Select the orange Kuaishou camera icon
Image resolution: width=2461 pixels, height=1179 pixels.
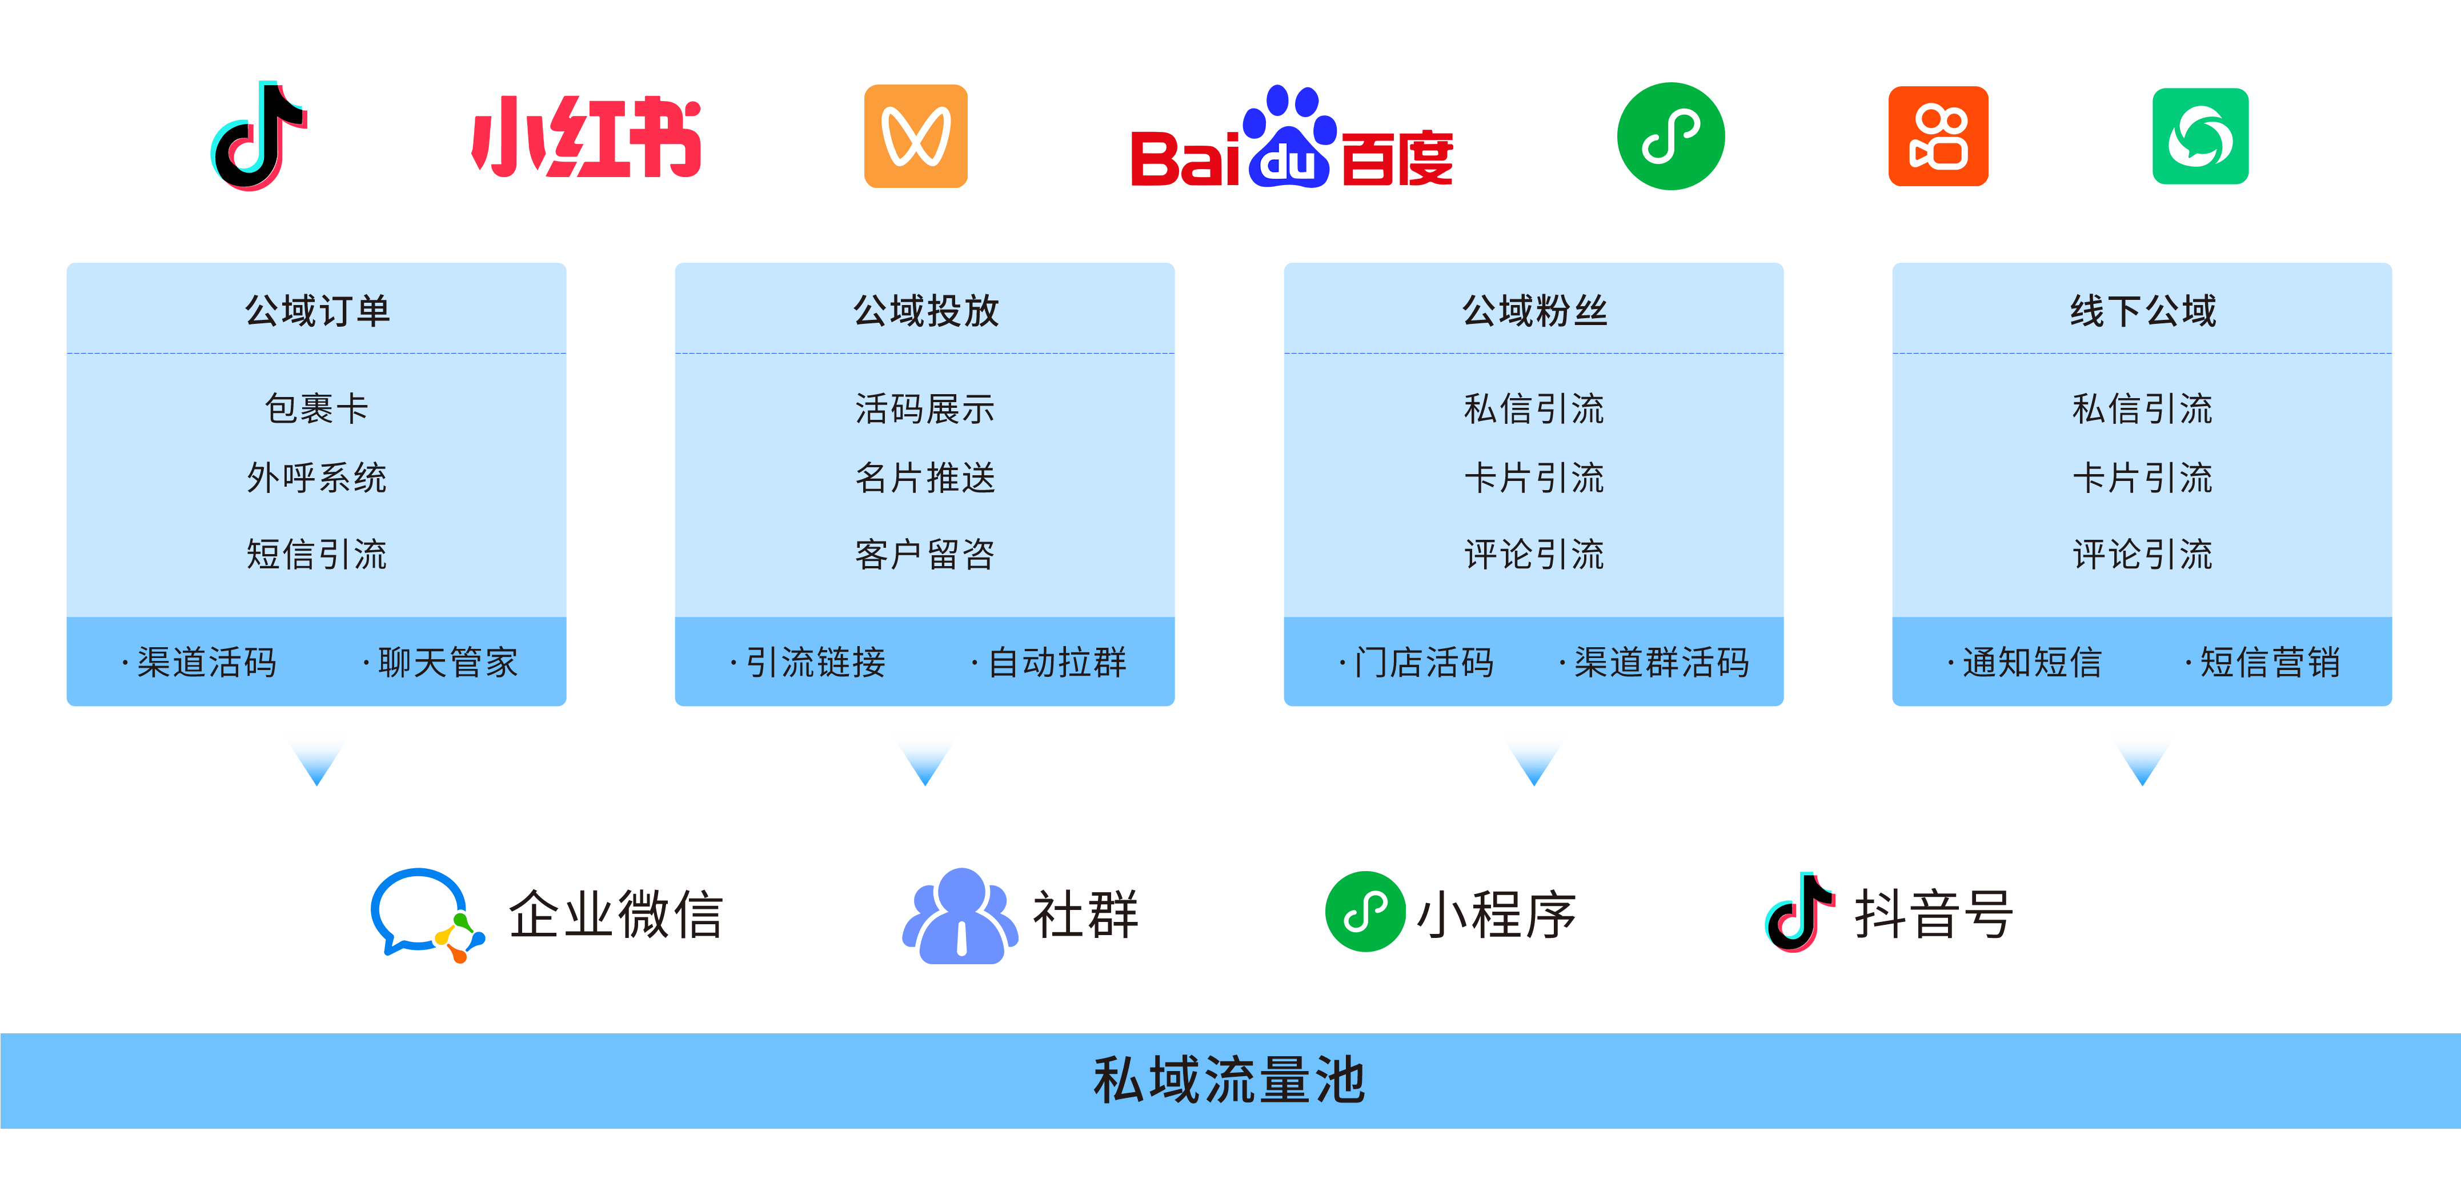click(x=1938, y=137)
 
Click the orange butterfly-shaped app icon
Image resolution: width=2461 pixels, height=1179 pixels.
click(x=915, y=137)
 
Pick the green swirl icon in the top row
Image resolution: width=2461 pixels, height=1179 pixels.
click(x=2199, y=137)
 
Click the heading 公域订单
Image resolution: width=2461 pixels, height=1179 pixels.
click(x=317, y=311)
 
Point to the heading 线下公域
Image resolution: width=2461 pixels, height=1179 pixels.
click(x=2142, y=311)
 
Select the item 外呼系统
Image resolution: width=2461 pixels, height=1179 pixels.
click(x=316, y=478)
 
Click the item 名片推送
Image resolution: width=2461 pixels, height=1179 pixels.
click(x=925, y=478)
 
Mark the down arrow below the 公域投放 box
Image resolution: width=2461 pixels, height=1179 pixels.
click(x=925, y=757)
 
